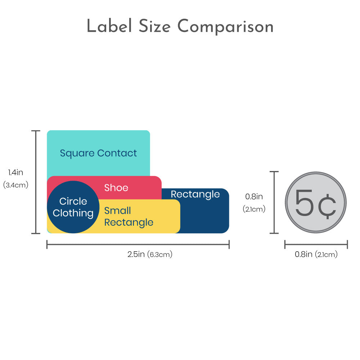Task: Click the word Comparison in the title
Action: click(x=225, y=27)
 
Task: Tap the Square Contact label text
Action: click(x=98, y=153)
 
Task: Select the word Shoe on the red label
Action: click(x=116, y=188)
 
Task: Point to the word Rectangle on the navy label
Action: click(x=195, y=194)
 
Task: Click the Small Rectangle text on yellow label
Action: click(x=129, y=216)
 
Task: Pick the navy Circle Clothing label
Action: click(x=73, y=207)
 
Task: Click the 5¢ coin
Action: click(x=316, y=202)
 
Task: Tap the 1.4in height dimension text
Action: click(x=15, y=172)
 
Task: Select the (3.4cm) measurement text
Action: click(x=15, y=185)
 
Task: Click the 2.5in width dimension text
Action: click(x=136, y=254)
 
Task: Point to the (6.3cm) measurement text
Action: click(x=160, y=255)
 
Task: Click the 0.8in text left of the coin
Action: click(x=254, y=197)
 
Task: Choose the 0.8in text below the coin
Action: click(x=303, y=254)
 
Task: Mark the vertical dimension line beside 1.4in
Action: click(x=35, y=182)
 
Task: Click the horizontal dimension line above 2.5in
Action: click(x=138, y=245)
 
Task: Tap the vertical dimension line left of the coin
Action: click(x=275, y=202)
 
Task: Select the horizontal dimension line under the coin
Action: click(x=316, y=245)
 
